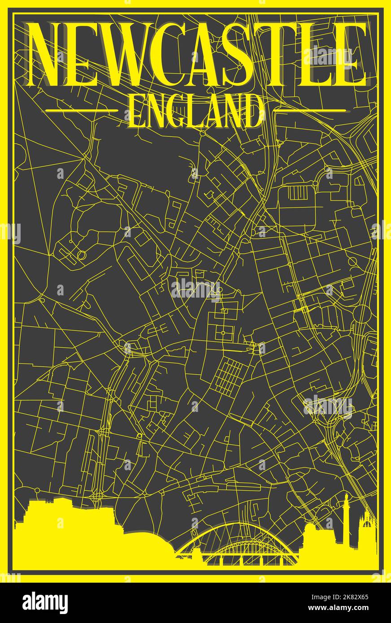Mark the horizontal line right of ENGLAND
pyautogui.click(x=309, y=110)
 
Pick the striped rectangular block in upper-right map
pyautogui.click(x=296, y=193)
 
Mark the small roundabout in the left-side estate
pyautogui.click(x=81, y=255)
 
